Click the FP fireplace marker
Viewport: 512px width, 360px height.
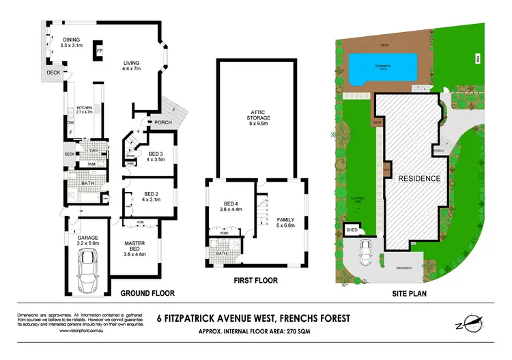point(100,51)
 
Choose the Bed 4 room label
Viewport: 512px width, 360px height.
point(230,207)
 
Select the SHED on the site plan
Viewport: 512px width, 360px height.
point(352,230)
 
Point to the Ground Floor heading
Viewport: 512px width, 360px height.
point(147,293)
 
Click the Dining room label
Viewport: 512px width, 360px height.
point(71,42)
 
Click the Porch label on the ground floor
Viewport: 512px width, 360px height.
point(163,123)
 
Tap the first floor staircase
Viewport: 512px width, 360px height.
point(260,211)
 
